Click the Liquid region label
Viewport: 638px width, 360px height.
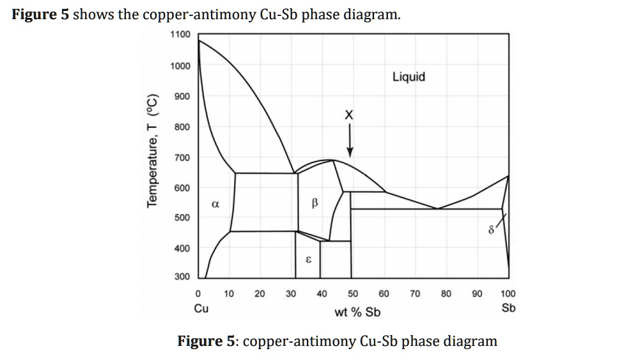(408, 77)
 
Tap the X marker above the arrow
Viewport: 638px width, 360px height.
(348, 116)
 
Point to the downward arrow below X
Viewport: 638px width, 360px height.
(349, 141)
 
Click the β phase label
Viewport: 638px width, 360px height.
(314, 204)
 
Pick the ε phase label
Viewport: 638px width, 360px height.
(308, 260)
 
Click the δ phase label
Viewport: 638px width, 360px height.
(492, 230)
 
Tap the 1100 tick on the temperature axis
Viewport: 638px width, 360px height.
(180, 34)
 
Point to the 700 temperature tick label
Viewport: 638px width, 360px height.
(182, 157)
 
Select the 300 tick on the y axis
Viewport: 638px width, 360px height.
(182, 276)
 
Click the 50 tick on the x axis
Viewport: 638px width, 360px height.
(352, 294)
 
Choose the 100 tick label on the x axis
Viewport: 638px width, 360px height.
(508, 294)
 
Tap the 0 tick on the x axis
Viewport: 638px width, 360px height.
(198, 294)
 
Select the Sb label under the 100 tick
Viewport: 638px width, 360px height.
(508, 308)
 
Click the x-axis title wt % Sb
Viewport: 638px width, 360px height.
(357, 312)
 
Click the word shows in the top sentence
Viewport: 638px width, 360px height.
(93, 14)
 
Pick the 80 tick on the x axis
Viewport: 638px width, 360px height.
(446, 294)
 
